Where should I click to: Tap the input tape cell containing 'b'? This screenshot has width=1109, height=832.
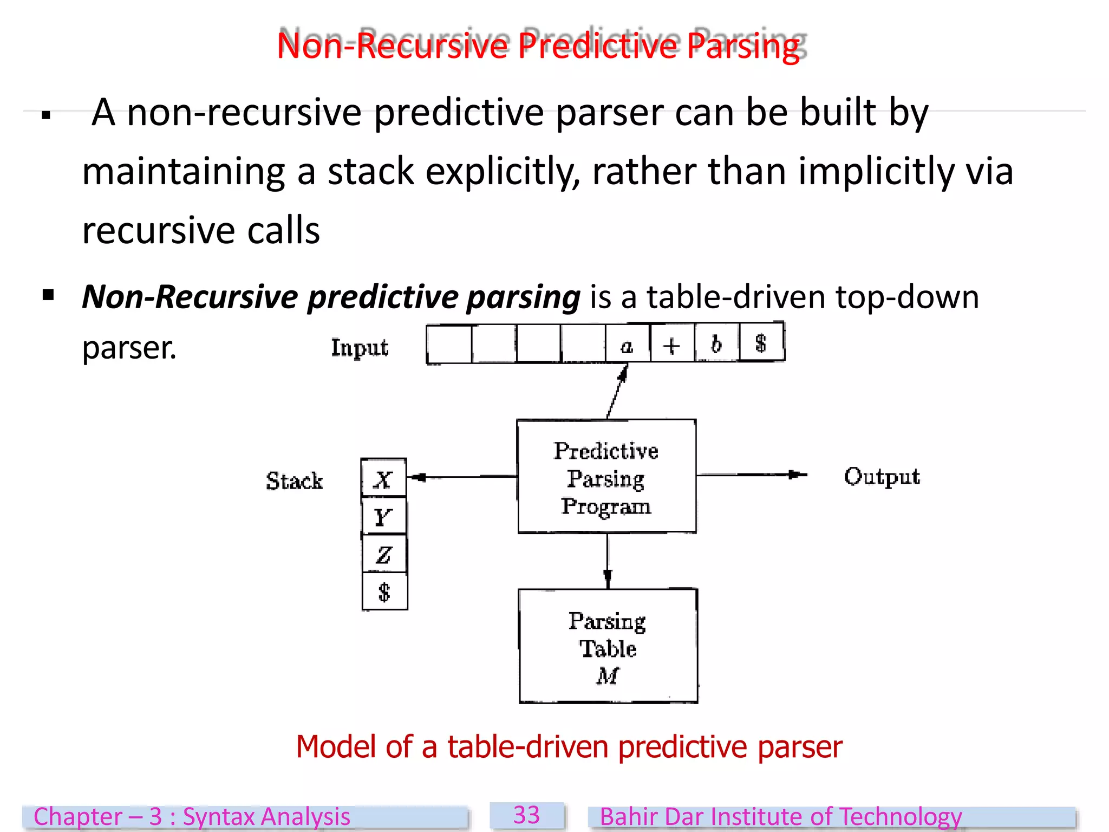716,343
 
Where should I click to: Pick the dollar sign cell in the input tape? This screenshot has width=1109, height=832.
761,342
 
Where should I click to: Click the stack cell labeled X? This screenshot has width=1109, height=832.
383,478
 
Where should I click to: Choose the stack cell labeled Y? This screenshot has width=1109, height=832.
383,516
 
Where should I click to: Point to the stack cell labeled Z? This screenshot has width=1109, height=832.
384,554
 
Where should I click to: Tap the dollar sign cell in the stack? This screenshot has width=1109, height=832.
384,591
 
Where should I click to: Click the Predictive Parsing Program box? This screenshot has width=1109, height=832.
606,477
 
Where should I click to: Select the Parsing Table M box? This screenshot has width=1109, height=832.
608,646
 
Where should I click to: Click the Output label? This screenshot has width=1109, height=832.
882,477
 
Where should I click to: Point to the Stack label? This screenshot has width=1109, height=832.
294,480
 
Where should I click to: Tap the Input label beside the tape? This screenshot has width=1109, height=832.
360,347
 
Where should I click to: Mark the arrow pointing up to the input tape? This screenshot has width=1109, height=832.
618,391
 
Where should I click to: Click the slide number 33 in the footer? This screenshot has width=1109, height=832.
526,815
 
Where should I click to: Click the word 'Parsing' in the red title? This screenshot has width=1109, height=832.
743,45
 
